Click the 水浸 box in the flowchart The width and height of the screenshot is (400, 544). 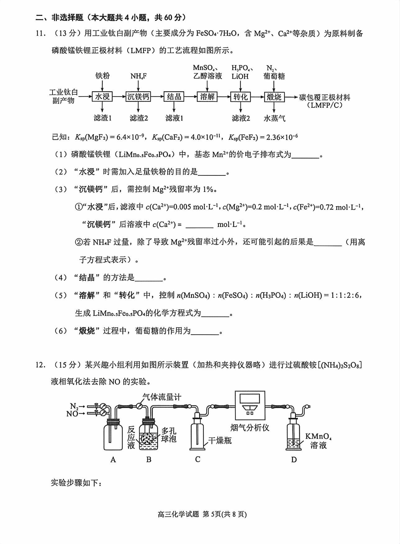click(102, 97)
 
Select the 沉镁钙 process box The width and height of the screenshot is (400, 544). click(138, 97)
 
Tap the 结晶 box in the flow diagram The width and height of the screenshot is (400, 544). click(174, 97)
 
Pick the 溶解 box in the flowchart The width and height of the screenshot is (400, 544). click(207, 97)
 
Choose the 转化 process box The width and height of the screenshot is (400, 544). click(241, 97)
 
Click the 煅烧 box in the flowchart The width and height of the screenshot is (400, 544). click(274, 97)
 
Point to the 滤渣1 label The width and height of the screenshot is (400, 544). click(102, 118)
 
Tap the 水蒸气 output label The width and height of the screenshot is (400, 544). click(274, 118)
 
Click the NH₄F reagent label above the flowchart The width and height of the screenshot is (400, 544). click(139, 76)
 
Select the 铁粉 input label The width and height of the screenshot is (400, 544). click(102, 76)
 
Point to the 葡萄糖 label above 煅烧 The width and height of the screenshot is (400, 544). click(274, 76)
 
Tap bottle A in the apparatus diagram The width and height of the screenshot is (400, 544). click(113, 435)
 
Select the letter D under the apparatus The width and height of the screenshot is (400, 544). click(294, 460)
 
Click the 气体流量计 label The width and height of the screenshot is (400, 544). click(162, 397)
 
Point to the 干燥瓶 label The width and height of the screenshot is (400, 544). click(220, 440)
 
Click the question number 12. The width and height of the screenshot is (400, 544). click(40, 365)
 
